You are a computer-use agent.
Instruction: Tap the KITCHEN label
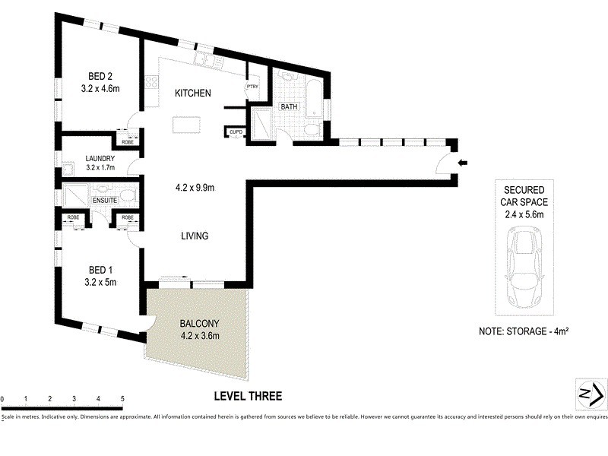click(193, 93)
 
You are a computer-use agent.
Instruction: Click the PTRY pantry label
click(252, 87)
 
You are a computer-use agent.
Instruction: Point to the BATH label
click(289, 107)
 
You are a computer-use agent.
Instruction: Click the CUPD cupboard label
click(236, 133)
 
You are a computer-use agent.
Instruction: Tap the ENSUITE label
click(105, 201)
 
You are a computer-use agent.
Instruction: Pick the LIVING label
click(195, 236)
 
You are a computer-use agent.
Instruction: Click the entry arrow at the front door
click(464, 162)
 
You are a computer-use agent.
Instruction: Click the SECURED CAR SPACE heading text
click(524, 196)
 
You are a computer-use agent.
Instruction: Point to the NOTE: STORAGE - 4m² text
click(524, 332)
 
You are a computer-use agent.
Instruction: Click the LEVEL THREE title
click(248, 396)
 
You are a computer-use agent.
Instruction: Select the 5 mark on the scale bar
click(122, 399)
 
